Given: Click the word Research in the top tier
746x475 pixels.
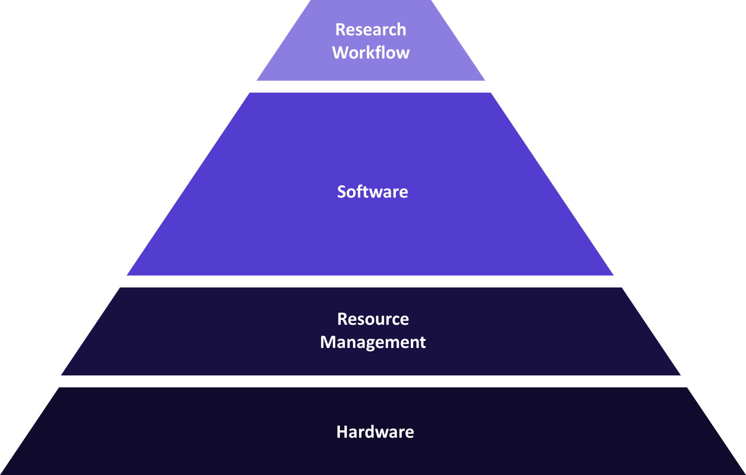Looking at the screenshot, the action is pos(370,30).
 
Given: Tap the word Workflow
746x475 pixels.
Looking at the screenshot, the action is pos(370,53).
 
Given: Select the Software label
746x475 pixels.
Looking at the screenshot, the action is pos(373,192).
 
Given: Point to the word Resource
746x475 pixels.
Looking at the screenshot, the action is pos(373,319).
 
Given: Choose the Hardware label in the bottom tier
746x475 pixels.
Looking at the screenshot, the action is pos(375,432).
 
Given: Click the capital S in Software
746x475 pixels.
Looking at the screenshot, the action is pos(342,192).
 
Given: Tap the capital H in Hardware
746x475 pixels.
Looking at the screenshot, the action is pos(342,432).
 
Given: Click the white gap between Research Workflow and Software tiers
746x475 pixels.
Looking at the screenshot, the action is pos(370,87).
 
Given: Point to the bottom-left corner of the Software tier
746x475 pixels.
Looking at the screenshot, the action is pos(127,275).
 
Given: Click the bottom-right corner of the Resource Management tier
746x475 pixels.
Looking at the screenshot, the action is pos(680,375).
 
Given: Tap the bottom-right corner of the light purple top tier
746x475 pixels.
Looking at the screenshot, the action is pos(485,80).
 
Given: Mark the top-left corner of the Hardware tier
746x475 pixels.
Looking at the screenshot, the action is pos(59,387).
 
